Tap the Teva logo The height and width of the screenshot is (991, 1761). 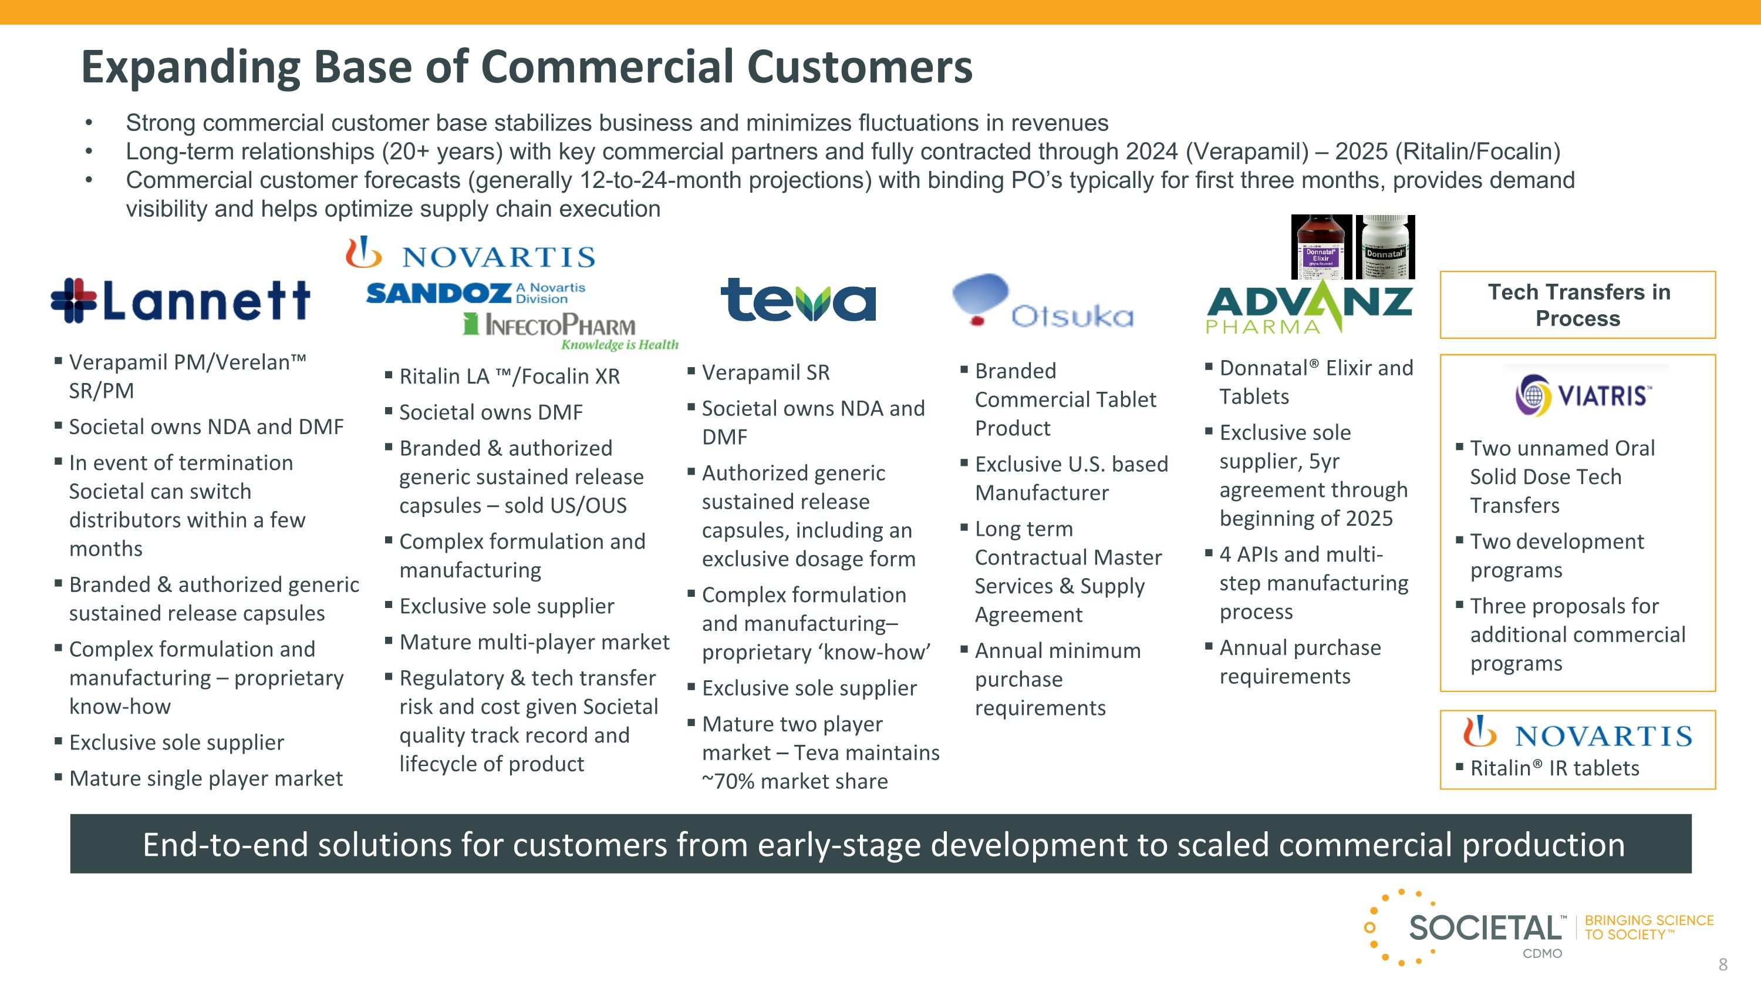798,300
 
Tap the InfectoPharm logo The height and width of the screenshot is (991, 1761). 570,330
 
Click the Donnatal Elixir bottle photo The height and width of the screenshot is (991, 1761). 1321,247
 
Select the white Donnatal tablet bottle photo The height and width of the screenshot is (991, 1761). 1385,247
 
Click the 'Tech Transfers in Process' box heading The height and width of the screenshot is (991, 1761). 1578,305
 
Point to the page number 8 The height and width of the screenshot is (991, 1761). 1723,965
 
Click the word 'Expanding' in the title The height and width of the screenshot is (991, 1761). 191,67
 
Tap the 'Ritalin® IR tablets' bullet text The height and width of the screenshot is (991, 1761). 1554,768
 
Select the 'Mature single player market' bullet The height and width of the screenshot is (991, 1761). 206,778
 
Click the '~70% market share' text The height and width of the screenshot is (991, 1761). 795,781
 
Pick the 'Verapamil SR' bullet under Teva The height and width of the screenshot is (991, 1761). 765,373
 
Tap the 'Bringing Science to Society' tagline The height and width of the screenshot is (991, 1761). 1648,928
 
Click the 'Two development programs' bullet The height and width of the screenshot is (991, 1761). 1557,555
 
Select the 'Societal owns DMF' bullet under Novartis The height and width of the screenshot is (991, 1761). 491,412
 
